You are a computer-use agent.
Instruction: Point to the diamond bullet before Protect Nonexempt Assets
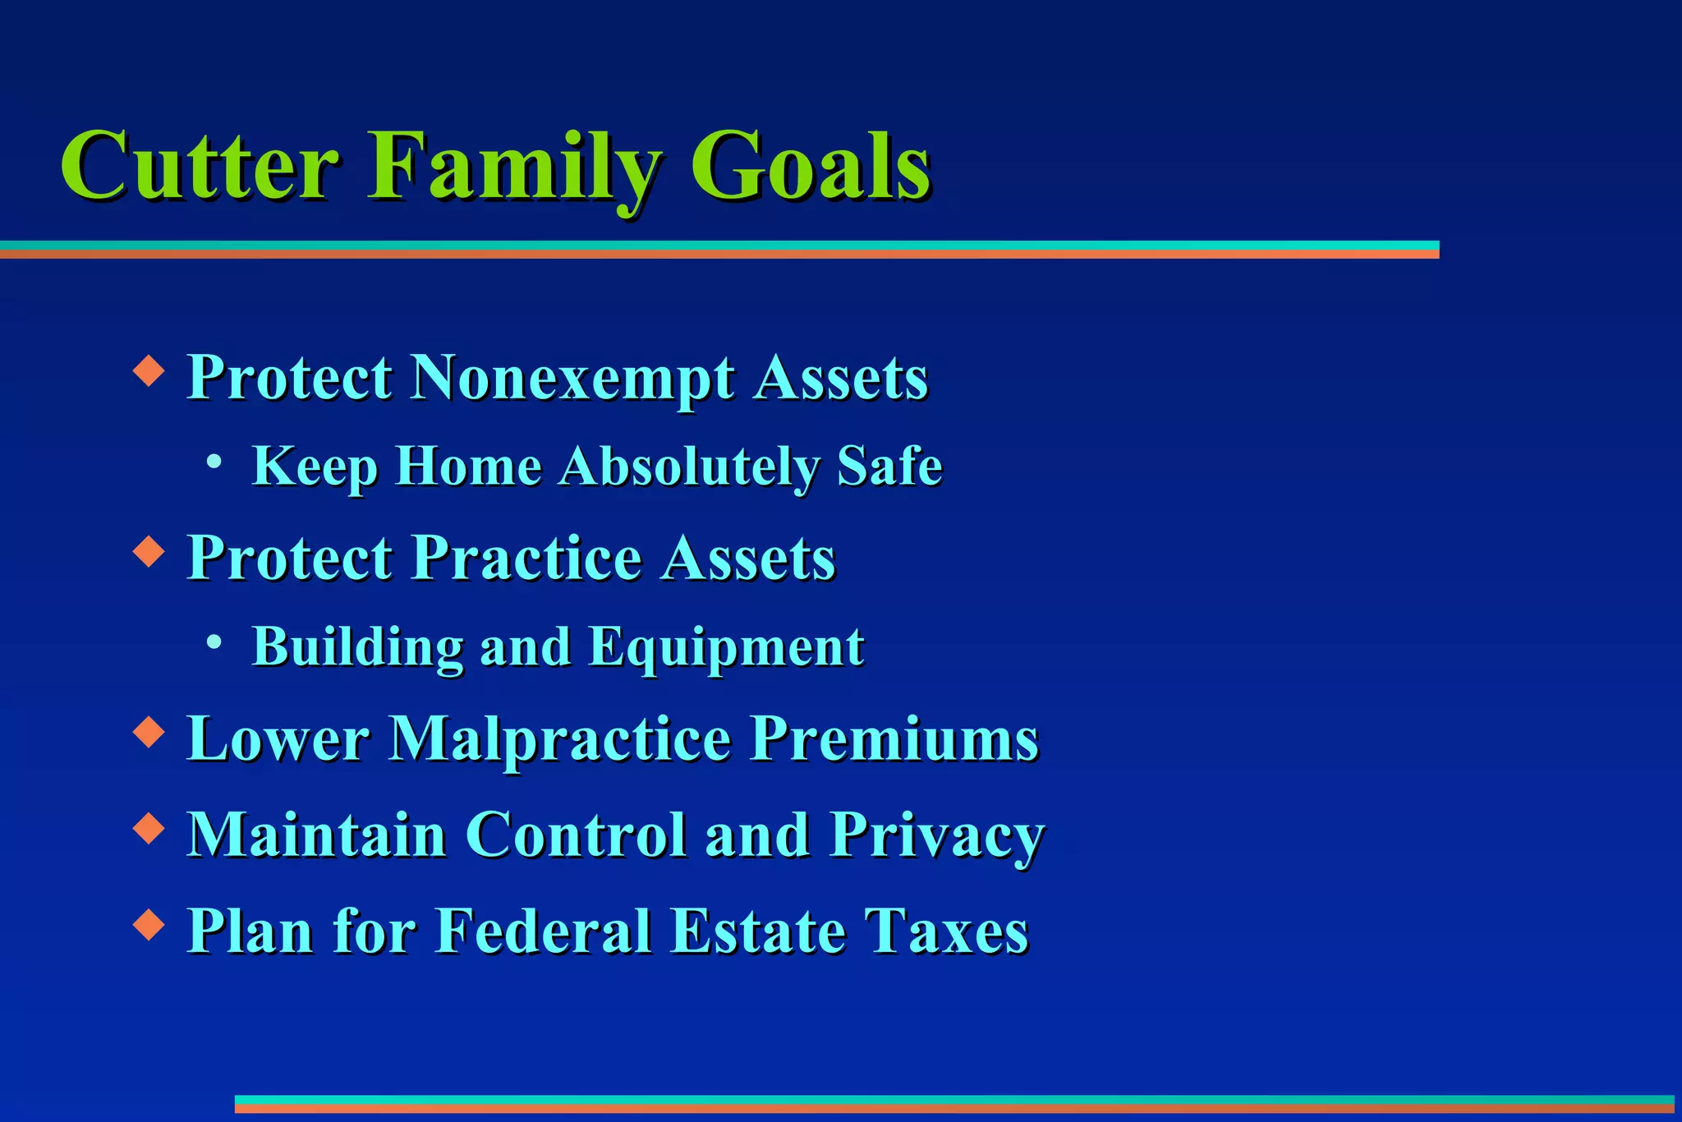click(149, 370)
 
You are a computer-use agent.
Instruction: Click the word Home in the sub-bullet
click(469, 466)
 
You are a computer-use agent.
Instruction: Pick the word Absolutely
click(690, 467)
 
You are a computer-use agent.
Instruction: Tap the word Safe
click(889, 466)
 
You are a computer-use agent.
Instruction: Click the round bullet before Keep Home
click(214, 462)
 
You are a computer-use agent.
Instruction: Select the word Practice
click(526, 558)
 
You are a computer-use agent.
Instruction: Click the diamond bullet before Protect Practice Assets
click(149, 551)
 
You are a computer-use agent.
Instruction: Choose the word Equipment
click(726, 648)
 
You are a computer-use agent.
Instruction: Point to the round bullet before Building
click(214, 641)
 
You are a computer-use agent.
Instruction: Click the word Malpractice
click(559, 738)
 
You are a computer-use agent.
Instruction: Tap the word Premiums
click(895, 738)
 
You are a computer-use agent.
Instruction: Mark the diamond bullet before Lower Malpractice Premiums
click(149, 732)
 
